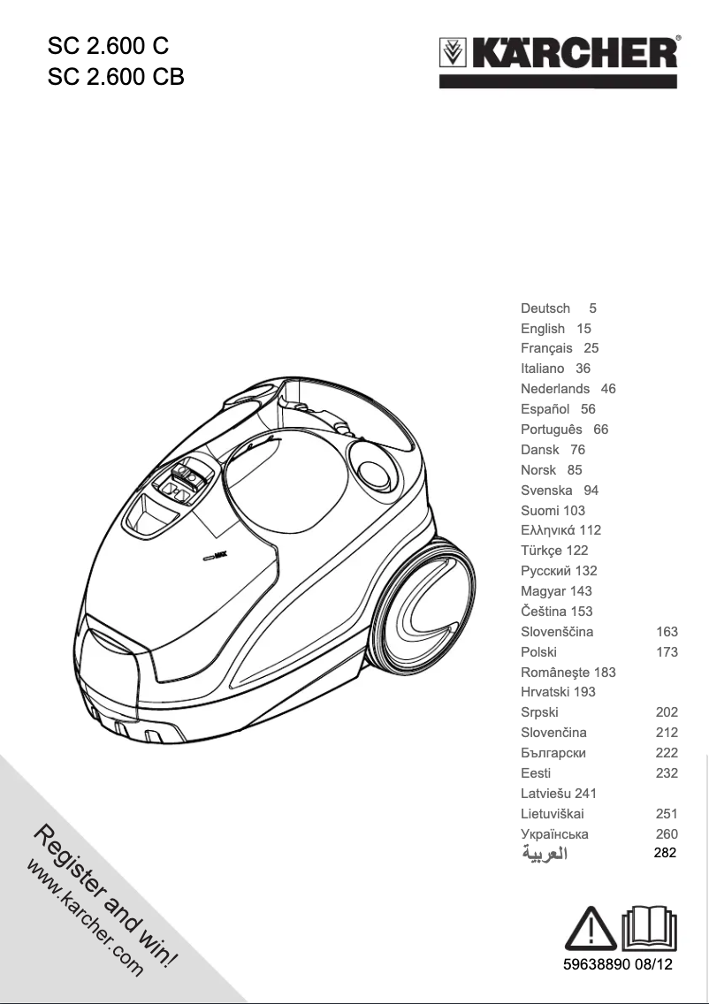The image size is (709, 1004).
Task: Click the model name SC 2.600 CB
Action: [x=116, y=77]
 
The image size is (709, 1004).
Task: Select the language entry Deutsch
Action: [x=545, y=308]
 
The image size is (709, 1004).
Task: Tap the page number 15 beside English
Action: [x=583, y=329]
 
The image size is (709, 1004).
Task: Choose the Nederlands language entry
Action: [x=555, y=389]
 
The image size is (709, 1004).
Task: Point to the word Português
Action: [x=552, y=430]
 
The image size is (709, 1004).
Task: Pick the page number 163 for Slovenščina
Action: [x=667, y=632]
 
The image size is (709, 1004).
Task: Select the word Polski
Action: [x=539, y=652]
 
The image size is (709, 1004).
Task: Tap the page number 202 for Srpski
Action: [x=667, y=712]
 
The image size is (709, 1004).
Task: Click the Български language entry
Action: [x=553, y=753]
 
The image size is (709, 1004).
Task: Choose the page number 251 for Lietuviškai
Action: [x=667, y=814]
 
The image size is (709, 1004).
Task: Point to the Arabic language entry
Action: [x=544, y=855]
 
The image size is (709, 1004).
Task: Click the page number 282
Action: [x=665, y=854]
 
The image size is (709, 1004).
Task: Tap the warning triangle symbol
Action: [x=591, y=928]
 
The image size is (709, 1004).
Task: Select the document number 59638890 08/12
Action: [x=618, y=964]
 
